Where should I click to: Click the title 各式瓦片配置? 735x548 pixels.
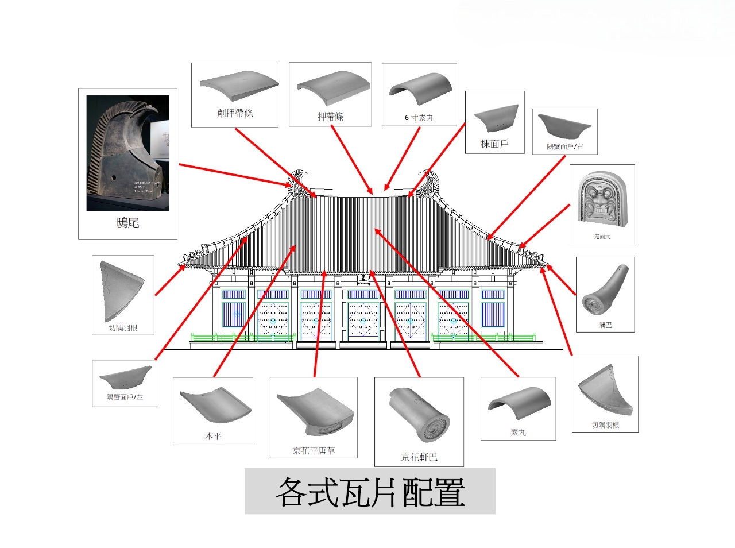click(x=370, y=492)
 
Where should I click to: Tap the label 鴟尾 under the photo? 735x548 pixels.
click(x=127, y=223)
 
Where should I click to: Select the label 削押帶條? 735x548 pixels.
click(x=235, y=113)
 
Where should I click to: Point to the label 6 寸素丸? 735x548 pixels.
click(x=419, y=118)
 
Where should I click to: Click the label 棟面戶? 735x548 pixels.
click(x=494, y=144)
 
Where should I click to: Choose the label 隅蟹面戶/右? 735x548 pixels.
click(x=565, y=147)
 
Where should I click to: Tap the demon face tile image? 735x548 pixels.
click(x=602, y=201)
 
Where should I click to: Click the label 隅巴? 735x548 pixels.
click(x=605, y=325)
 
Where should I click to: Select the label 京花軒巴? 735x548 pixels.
click(x=419, y=457)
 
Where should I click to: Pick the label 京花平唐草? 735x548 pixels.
click(x=314, y=451)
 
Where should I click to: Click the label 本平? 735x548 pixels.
click(x=213, y=437)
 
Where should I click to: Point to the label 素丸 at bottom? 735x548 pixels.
click(x=518, y=433)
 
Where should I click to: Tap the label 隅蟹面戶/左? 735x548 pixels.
click(x=125, y=398)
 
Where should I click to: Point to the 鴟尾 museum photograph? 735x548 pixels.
click(x=127, y=153)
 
